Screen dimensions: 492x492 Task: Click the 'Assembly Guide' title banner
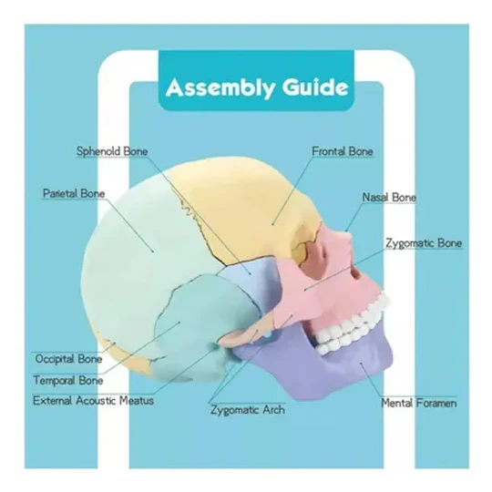(257, 81)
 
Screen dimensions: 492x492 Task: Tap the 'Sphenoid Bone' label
(112, 151)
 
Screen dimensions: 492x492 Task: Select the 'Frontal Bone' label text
(343, 151)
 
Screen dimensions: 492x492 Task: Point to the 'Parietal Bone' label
(74, 193)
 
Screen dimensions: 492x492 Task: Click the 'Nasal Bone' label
(389, 198)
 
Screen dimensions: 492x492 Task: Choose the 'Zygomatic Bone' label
(424, 243)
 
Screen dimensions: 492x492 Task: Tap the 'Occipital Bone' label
(68, 359)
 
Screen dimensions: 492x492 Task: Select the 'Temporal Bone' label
(68, 381)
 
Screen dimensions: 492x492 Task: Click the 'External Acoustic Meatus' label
(93, 401)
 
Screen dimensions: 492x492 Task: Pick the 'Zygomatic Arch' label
(248, 410)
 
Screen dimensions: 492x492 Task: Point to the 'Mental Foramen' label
(418, 403)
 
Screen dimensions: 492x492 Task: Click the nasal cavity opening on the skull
(356, 274)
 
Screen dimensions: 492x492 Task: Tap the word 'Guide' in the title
(315, 87)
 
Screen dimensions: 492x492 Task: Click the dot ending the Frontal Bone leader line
(273, 224)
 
